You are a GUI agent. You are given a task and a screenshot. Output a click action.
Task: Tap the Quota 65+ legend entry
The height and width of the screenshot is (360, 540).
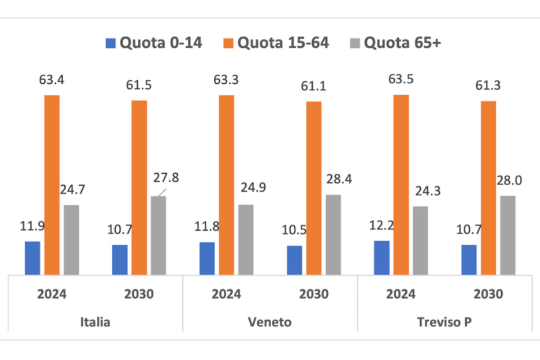(x=397, y=43)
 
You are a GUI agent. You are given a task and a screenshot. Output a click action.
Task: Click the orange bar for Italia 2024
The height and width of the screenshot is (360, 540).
(x=52, y=185)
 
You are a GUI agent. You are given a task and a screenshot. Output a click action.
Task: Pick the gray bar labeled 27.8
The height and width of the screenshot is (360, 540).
(x=159, y=236)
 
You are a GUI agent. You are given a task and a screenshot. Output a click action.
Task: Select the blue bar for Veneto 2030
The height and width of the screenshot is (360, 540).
(x=294, y=260)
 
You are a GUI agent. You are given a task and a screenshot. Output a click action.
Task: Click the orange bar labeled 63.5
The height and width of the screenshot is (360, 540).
(x=401, y=185)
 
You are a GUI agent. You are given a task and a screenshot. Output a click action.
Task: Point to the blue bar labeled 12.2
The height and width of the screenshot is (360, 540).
(x=381, y=258)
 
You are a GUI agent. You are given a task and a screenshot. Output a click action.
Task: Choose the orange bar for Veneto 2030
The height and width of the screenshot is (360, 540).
(x=314, y=188)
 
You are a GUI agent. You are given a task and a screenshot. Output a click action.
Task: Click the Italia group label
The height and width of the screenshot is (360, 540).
(x=95, y=322)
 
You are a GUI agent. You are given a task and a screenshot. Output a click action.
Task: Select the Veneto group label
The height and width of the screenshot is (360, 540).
(x=269, y=322)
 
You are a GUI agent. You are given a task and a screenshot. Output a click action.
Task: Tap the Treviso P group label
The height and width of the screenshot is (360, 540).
(x=444, y=322)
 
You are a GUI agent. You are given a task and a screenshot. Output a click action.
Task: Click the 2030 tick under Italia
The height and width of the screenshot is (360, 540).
(x=139, y=294)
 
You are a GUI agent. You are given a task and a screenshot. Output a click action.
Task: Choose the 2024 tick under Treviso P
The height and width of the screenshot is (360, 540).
(x=401, y=294)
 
